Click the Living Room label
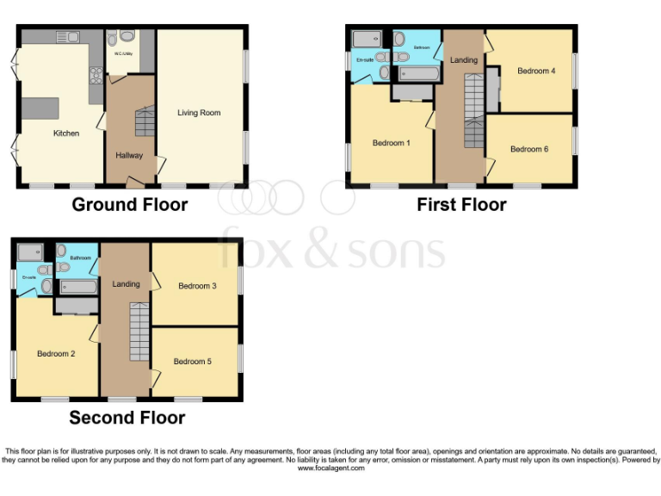click(199, 113)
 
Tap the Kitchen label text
click(66, 133)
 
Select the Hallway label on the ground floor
click(129, 156)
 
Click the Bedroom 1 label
click(390, 143)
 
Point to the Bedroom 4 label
click(534, 71)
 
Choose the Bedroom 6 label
click(528, 149)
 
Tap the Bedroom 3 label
click(197, 286)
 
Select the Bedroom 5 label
click(192, 362)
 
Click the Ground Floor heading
click(129, 205)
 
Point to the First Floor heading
click(461, 205)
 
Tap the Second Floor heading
click(127, 418)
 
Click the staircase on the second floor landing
click(139, 332)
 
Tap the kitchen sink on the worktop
click(66, 36)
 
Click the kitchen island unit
click(40, 108)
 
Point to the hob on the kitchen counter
click(96, 73)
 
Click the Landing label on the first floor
click(463, 59)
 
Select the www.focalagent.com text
click(330, 468)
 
